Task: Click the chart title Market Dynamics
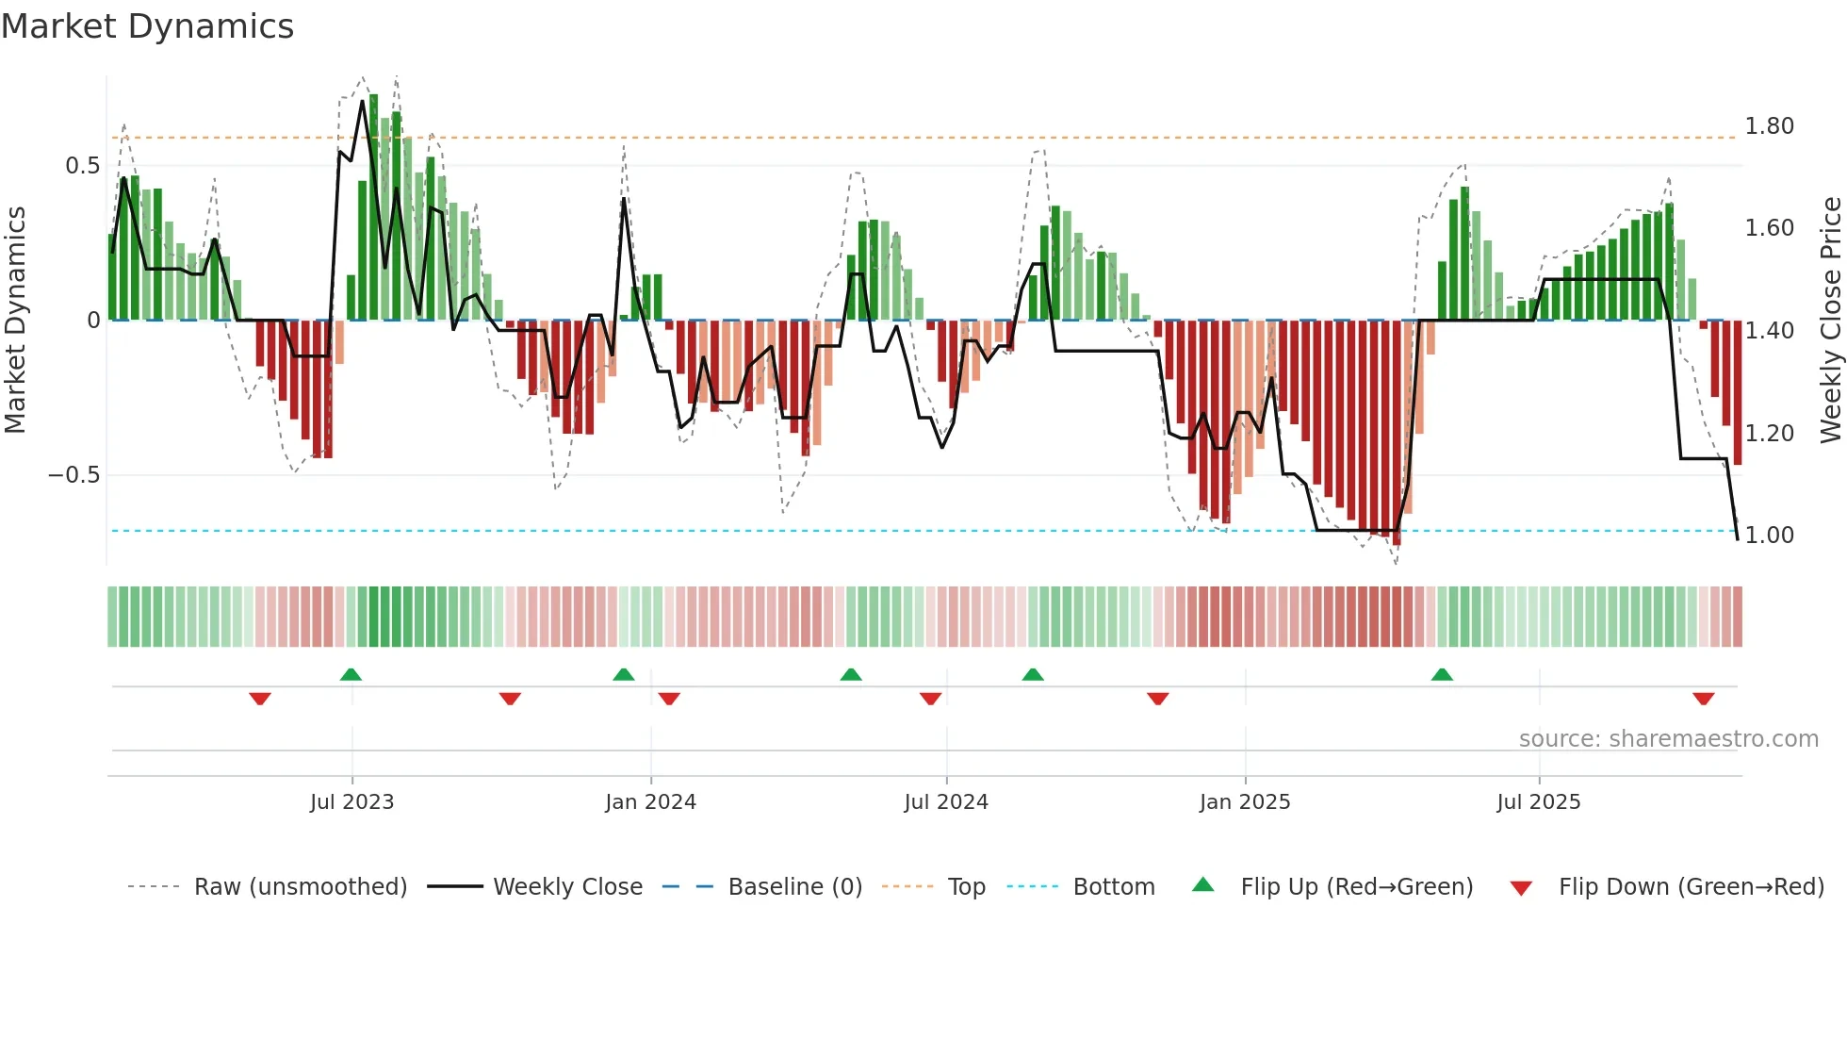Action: [x=147, y=26]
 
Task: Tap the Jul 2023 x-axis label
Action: [x=351, y=802]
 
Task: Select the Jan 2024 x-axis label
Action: [x=650, y=802]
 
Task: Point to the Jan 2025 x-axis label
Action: [x=1245, y=802]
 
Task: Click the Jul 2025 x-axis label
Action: [x=1539, y=802]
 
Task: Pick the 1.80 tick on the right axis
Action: [x=1769, y=126]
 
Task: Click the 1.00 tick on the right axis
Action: [x=1769, y=536]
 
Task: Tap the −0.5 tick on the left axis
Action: [x=74, y=475]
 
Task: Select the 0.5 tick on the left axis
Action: [x=83, y=166]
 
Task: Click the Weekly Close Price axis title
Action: [x=1830, y=321]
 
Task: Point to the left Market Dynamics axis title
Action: [x=15, y=321]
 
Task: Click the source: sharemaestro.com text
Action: [x=1668, y=739]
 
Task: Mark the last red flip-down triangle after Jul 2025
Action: [x=1703, y=699]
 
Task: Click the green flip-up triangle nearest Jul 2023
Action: [x=351, y=674]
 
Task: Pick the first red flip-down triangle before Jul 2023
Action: [x=260, y=699]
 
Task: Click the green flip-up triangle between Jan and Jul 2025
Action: [x=1442, y=674]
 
